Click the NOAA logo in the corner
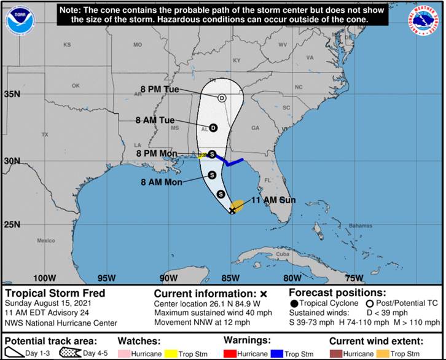pyautogui.click(x=20, y=20)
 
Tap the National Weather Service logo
pyautogui.click(x=426, y=20)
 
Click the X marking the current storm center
pyautogui.click(x=232, y=211)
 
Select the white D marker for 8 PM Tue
pyautogui.click(x=222, y=98)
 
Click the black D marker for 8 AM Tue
pyautogui.click(x=213, y=128)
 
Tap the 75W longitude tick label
pyautogui.click(x=353, y=277)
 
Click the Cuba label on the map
pyautogui.click(x=282, y=254)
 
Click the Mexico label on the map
pyautogui.click(x=45, y=241)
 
